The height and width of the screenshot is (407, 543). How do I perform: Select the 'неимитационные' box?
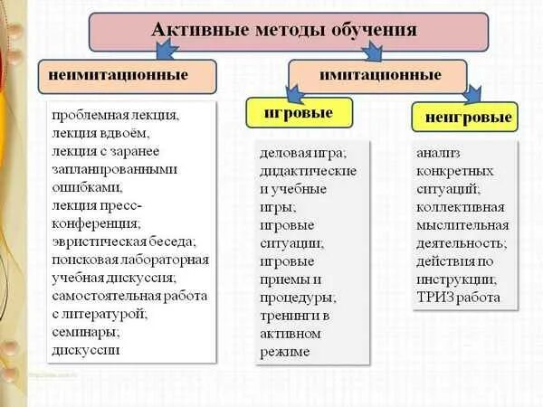tap(127, 75)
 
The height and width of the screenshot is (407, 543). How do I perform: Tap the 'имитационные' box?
tap(377, 75)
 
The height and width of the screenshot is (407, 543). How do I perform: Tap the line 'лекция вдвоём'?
tap(96, 133)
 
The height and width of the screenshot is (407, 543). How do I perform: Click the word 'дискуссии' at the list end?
tap(86, 349)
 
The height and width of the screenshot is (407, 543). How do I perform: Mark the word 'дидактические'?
tap(308, 171)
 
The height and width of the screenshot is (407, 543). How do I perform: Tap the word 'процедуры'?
tap(297, 297)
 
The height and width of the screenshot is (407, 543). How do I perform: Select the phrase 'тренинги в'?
tap(294, 315)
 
